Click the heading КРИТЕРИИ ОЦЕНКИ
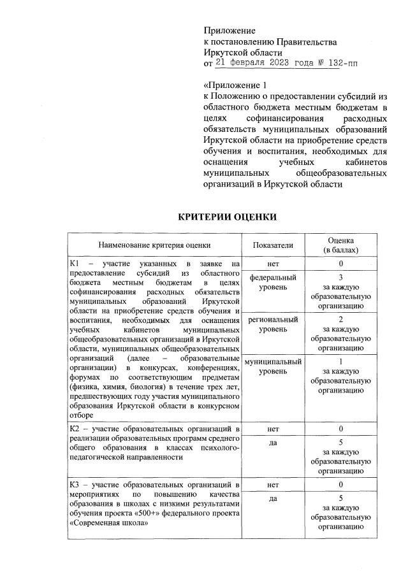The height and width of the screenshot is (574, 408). click(x=227, y=217)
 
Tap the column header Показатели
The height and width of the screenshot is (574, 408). click(x=273, y=244)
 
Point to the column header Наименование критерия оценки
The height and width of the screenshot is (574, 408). click(x=154, y=244)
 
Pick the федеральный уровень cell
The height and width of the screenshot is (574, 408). click(x=273, y=282)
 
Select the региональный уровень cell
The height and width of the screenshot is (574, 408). click(x=273, y=324)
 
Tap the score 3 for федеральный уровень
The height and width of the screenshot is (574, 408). click(x=341, y=278)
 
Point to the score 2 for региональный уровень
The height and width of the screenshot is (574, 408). click(x=341, y=319)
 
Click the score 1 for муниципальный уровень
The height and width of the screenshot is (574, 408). click(x=341, y=361)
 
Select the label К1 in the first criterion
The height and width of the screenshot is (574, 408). click(x=75, y=264)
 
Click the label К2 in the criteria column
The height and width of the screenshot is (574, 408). click(x=75, y=429)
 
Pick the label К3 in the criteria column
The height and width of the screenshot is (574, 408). click(x=75, y=485)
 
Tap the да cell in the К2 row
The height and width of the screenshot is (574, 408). click(x=273, y=443)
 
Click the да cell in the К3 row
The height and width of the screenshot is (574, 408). click(x=273, y=499)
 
